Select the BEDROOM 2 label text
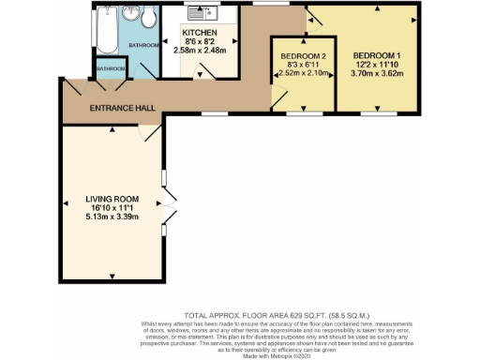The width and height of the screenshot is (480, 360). pyautogui.click(x=303, y=57)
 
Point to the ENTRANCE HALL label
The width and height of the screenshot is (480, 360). pyautogui.click(x=121, y=109)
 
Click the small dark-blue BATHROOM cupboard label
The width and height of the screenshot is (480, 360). pyautogui.click(x=111, y=68)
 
